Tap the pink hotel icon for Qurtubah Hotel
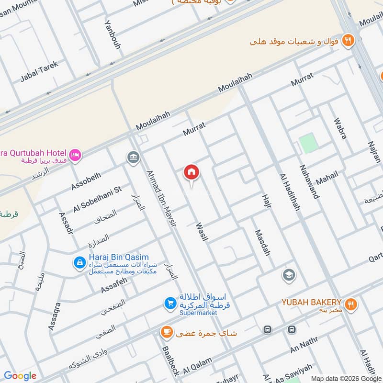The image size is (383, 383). [x=75, y=154]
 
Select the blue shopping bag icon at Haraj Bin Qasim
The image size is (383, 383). [x=79, y=262]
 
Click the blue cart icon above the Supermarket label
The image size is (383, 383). [x=169, y=303]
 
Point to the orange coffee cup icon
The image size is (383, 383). [x=166, y=332]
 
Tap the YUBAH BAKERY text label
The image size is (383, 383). [x=311, y=302]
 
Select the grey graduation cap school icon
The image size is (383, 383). [x=289, y=275]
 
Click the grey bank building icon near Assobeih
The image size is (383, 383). [x=132, y=157]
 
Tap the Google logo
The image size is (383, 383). [x=20, y=376]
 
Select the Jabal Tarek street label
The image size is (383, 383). [x=39, y=72]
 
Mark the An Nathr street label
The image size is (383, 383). [x=304, y=351]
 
